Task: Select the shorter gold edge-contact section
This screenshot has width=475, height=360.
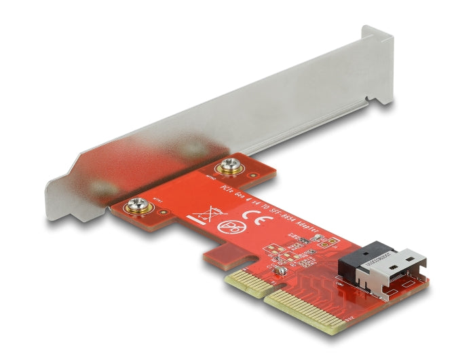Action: (x=243, y=278)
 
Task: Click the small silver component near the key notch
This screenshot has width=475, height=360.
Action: (x=278, y=272)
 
